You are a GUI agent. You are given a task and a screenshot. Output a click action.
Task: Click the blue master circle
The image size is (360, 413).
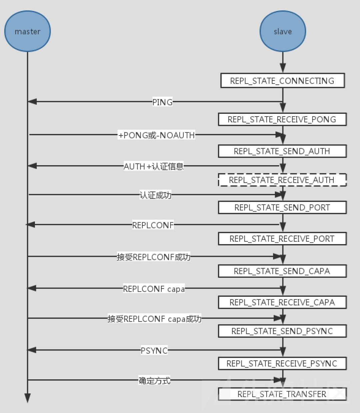point(27,31)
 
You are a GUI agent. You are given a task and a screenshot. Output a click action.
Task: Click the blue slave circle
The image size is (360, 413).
point(283,31)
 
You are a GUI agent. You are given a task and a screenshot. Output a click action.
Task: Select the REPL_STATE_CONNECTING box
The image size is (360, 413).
point(282,81)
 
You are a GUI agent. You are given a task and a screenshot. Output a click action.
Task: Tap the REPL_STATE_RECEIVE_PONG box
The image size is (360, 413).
point(282,119)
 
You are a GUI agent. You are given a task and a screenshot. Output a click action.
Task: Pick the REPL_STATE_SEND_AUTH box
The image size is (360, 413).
point(282,151)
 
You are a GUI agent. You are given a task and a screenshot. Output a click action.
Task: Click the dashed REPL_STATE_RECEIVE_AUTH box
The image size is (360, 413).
point(282,180)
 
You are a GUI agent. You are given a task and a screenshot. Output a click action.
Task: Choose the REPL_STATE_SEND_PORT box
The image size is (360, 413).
point(282,207)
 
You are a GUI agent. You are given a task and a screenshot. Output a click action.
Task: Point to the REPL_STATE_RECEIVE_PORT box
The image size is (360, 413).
point(282,239)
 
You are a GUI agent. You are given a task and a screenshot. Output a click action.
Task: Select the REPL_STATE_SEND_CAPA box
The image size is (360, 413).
point(282,271)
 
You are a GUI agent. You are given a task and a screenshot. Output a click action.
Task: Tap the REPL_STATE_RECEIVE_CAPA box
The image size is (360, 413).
point(282,302)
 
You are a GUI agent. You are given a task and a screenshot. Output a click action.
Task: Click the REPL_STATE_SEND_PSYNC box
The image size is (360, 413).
point(282,331)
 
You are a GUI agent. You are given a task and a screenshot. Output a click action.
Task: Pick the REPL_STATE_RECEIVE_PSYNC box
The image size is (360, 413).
point(282,363)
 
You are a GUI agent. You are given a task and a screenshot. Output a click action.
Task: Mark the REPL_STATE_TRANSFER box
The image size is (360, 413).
point(282,394)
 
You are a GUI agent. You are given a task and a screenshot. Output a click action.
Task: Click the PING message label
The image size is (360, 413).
point(162,102)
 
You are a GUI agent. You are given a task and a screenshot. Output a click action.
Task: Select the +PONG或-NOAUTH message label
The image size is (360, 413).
point(156,135)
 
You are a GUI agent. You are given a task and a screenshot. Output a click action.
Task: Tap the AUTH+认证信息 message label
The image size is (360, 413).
point(154,166)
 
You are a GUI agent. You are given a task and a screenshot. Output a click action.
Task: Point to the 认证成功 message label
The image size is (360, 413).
point(155,195)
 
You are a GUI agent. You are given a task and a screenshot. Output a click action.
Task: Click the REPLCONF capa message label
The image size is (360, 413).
point(154,288)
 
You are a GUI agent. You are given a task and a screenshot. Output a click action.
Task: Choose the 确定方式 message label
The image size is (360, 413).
point(154,380)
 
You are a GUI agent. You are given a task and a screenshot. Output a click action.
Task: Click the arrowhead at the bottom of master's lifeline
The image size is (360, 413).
point(27,398)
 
